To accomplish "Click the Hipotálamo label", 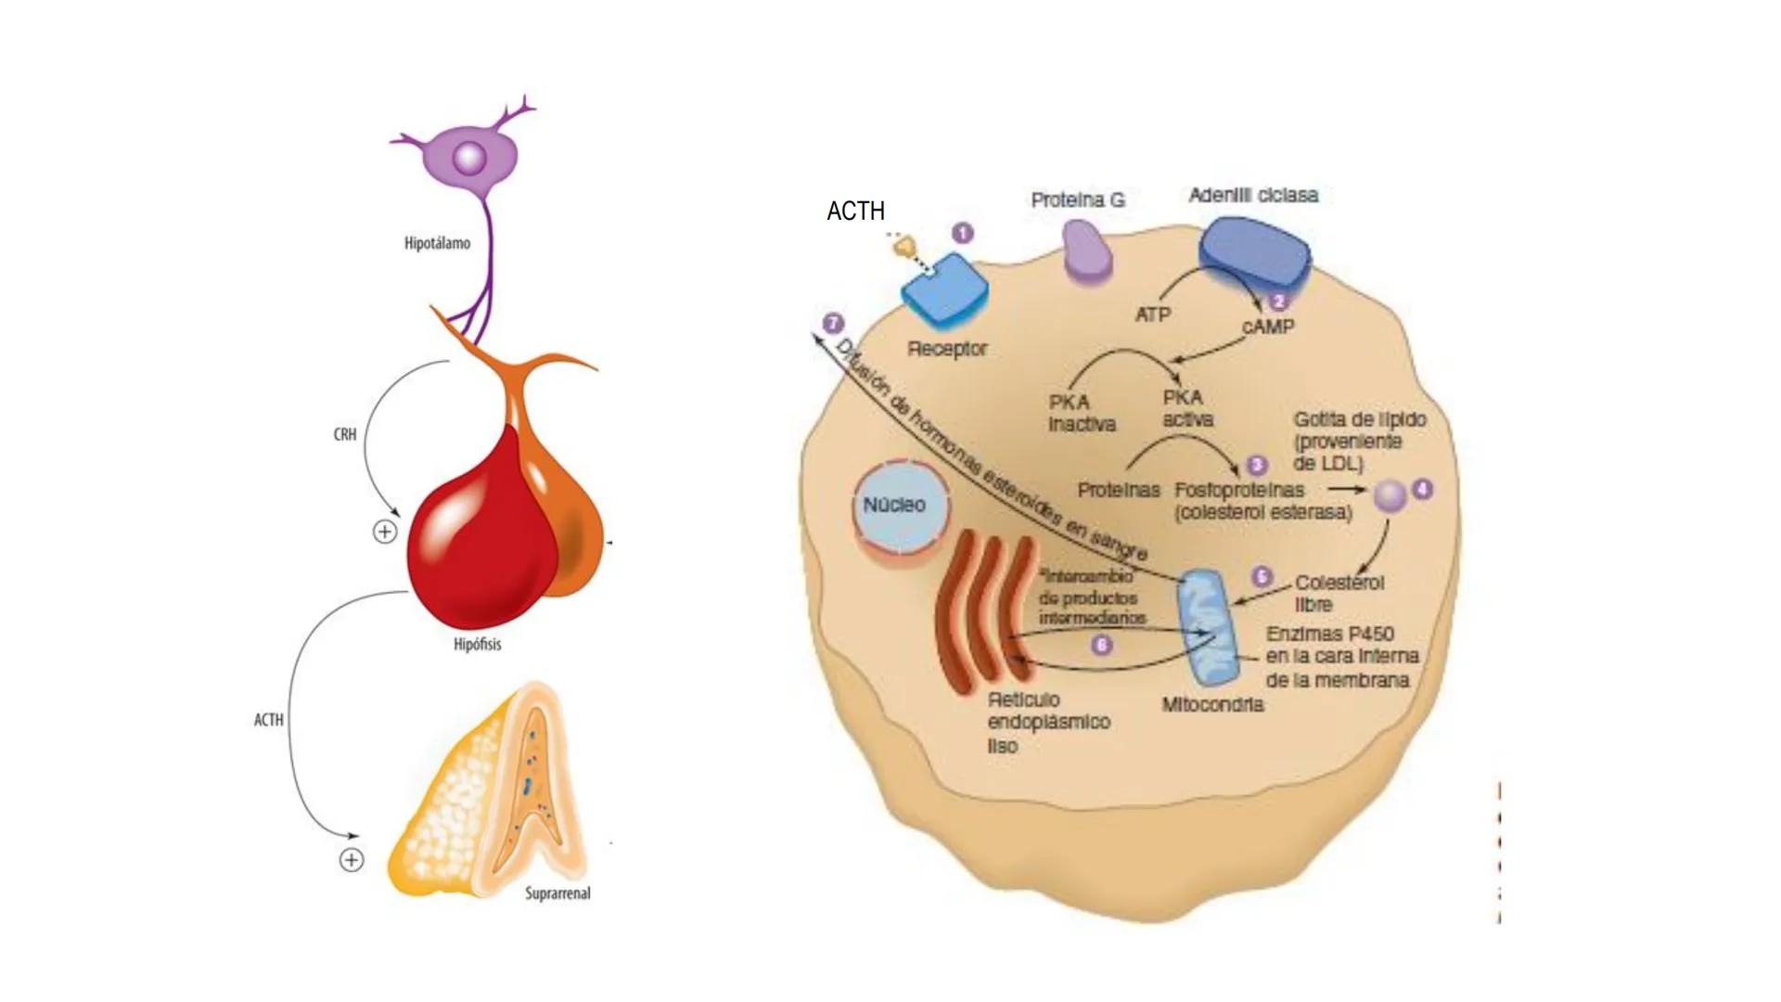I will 437,243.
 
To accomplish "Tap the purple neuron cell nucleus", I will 469,158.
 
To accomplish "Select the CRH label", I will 345,434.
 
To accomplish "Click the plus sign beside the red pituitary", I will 384,532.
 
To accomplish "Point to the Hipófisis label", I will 477,644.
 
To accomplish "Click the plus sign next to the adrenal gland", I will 351,860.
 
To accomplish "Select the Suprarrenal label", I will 557,893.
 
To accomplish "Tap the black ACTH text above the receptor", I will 855,212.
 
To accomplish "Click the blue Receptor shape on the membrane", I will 944,290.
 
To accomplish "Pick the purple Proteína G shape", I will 1085,250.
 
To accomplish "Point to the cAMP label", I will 1267,328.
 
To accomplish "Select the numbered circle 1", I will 963,233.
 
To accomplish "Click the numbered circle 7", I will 833,324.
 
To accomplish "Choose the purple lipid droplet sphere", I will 1390,496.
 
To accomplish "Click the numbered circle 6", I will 1101,645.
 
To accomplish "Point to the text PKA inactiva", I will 1081,414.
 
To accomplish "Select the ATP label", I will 1152,315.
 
